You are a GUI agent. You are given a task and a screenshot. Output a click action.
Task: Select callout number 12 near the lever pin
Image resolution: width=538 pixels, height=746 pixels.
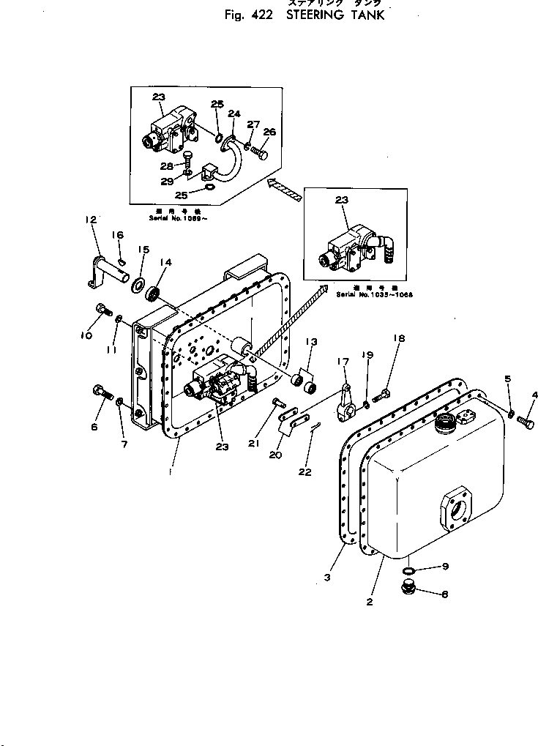[91, 219]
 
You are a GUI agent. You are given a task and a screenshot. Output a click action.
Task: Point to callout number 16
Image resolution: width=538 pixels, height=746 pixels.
[117, 235]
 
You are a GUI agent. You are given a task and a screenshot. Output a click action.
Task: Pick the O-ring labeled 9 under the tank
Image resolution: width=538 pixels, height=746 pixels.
[409, 570]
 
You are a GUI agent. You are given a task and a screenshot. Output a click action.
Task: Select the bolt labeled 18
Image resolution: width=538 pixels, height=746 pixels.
[381, 396]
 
